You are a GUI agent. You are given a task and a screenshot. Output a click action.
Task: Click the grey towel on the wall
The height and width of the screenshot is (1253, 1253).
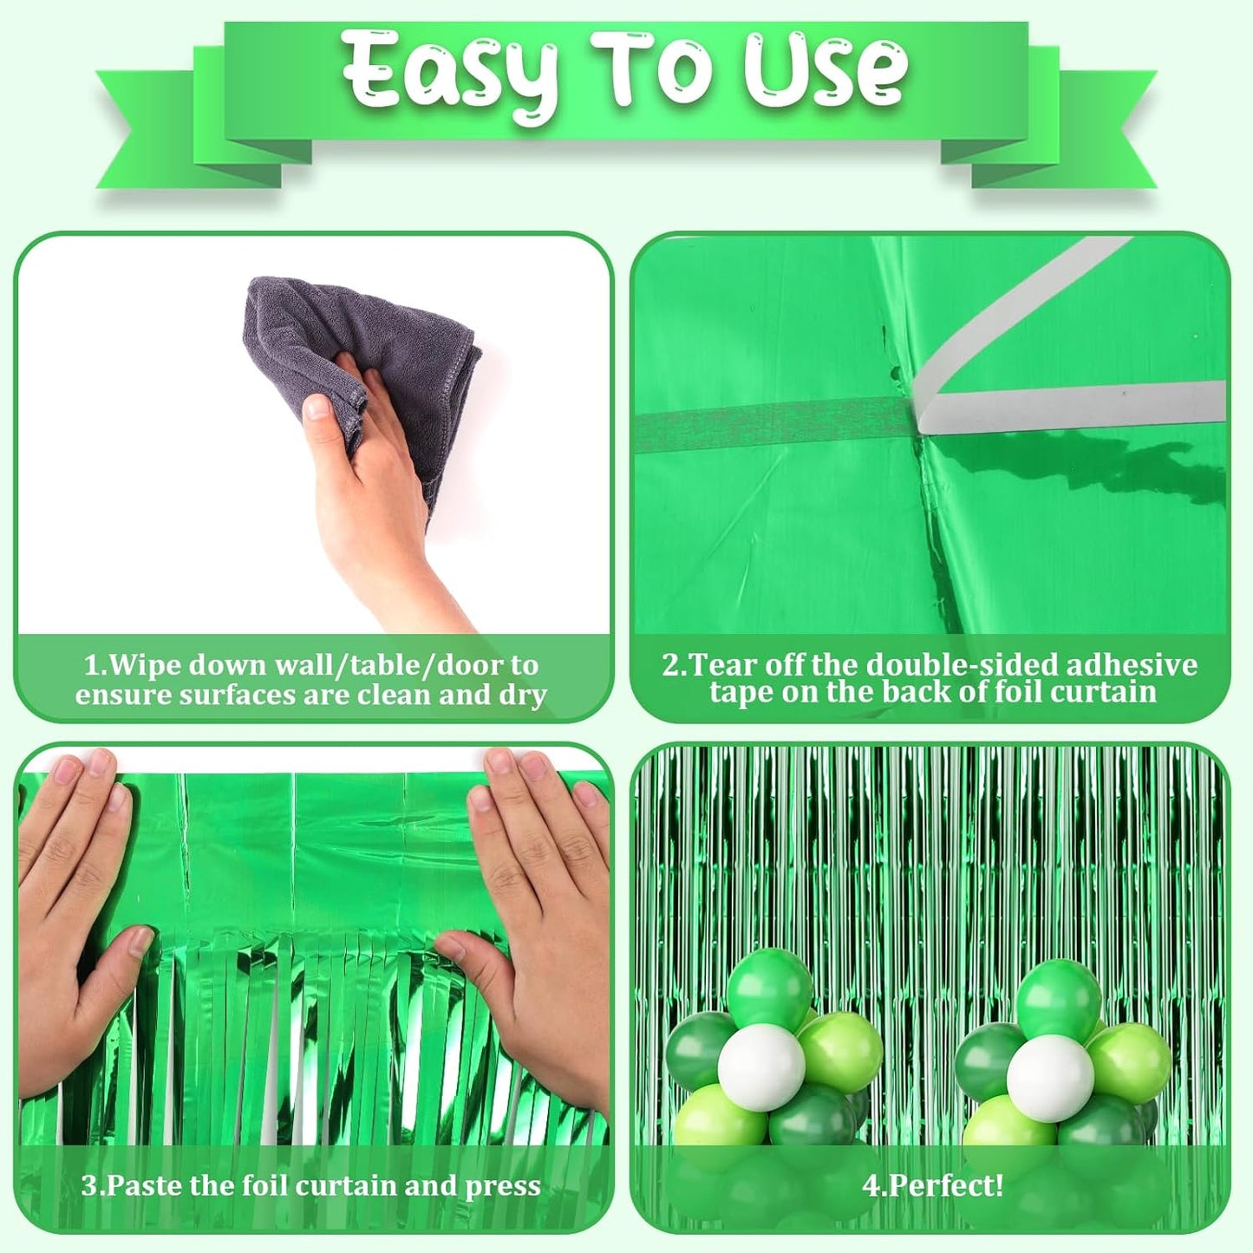[x=382, y=347]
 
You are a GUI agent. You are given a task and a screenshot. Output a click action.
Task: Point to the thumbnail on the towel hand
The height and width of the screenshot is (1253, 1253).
[x=317, y=408]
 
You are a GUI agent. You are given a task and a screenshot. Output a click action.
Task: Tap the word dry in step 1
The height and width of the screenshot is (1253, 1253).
[x=523, y=695]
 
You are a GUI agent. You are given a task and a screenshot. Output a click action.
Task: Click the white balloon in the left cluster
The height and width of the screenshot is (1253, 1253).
[x=761, y=1067]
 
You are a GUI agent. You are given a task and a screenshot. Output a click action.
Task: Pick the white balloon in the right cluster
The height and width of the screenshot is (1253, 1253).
[x=1050, y=1078]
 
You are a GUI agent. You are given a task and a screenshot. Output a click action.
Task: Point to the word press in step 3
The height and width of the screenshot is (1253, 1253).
[x=503, y=1186]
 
